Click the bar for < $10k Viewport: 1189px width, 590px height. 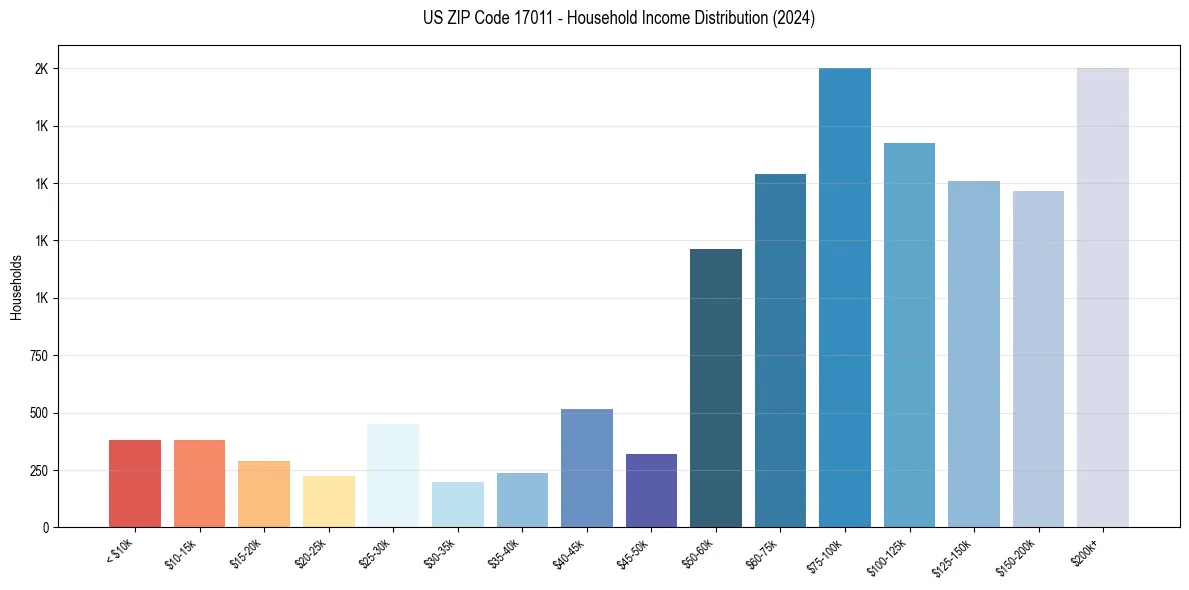(135, 483)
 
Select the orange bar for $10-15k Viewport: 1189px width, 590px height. (199, 483)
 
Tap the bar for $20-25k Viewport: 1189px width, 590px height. (328, 501)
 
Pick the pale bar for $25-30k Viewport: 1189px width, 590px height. (393, 475)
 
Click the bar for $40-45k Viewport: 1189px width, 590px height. (587, 468)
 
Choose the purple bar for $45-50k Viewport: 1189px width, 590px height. (651, 490)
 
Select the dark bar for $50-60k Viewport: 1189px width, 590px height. (716, 388)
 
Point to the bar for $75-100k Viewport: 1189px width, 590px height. (845, 297)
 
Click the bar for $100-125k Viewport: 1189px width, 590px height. (909, 335)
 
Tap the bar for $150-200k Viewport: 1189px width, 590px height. (1038, 359)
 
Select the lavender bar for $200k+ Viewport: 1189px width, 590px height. (1103, 297)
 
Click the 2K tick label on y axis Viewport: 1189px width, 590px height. (42, 69)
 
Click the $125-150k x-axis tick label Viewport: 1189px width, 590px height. (955, 555)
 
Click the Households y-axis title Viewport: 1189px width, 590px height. (16, 287)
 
